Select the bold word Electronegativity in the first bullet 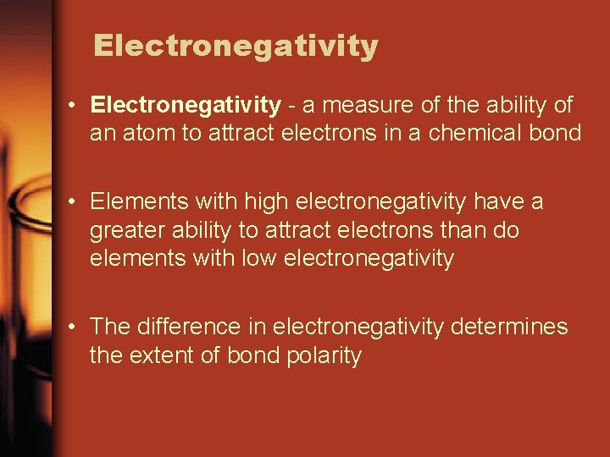186,106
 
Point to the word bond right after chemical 560,133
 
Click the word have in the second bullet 502,202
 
